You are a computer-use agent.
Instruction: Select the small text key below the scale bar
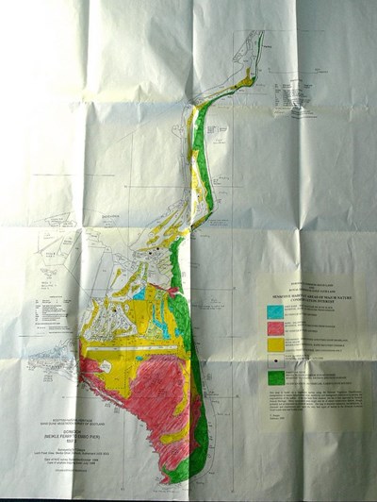302,94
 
